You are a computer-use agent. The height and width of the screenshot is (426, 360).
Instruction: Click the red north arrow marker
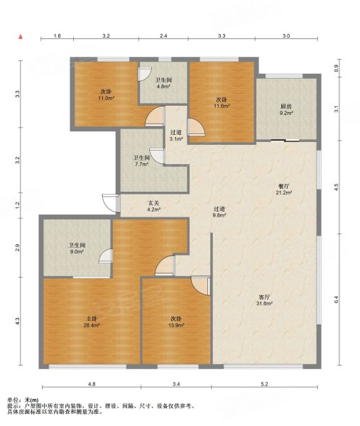coord(21,37)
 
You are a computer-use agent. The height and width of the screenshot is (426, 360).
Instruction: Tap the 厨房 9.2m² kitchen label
coord(286,110)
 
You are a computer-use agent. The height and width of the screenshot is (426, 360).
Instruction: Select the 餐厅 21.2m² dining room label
coord(284,190)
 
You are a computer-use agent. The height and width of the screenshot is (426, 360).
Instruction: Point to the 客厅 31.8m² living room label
coord(264,300)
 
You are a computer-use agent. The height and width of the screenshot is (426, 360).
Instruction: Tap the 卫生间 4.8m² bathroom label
coord(163,83)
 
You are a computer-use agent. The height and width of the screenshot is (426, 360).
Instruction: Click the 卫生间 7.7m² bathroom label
coord(141,161)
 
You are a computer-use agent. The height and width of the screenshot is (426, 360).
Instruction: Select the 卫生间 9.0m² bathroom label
coord(77,248)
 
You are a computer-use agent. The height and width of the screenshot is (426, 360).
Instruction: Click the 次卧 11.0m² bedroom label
coord(106,94)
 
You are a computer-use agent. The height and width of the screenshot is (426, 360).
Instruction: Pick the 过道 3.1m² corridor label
coord(176,136)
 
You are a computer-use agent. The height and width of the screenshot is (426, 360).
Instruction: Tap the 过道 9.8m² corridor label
coord(219,212)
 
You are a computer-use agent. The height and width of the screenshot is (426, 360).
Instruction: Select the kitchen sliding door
coord(285,141)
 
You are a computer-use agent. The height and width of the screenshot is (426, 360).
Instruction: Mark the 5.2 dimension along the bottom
coord(264,384)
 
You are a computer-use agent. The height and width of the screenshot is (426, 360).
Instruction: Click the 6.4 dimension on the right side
coord(336,300)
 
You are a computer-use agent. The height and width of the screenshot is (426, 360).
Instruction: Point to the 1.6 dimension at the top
coord(58,35)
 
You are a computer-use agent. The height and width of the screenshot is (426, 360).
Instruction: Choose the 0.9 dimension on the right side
coord(336,68)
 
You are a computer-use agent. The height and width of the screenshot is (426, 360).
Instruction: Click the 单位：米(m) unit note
coord(23,400)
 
